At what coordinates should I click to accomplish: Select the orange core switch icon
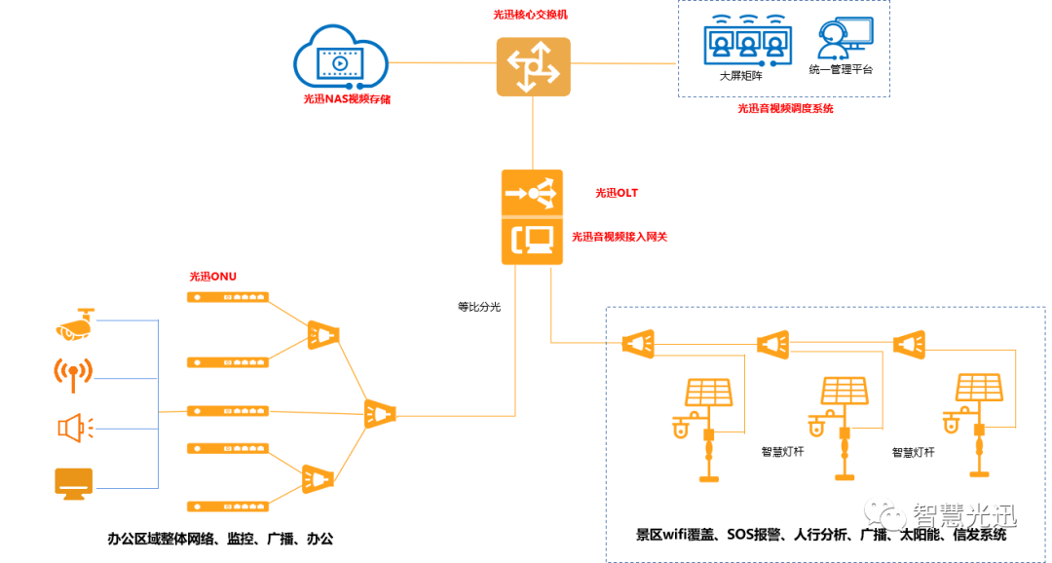coord(533,66)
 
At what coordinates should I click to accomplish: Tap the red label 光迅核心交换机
coord(530,16)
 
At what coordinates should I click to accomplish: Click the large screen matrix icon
coord(745,40)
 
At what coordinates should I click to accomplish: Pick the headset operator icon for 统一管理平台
coord(840,40)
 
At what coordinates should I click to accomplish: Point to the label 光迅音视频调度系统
coord(785,109)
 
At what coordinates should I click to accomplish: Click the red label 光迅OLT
coord(617,193)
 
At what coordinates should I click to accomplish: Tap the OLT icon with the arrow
coord(533,193)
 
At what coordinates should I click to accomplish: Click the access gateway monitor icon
coord(533,241)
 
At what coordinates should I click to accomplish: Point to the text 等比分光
coord(479,306)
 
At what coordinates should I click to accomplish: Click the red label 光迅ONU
coord(212,277)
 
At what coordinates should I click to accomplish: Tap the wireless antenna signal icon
coord(74,374)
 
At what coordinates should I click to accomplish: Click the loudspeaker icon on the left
coord(74,427)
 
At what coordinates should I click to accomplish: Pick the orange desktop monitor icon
coord(74,482)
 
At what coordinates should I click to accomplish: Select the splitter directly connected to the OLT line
coord(379,414)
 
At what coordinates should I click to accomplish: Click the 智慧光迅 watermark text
coord(963,513)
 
